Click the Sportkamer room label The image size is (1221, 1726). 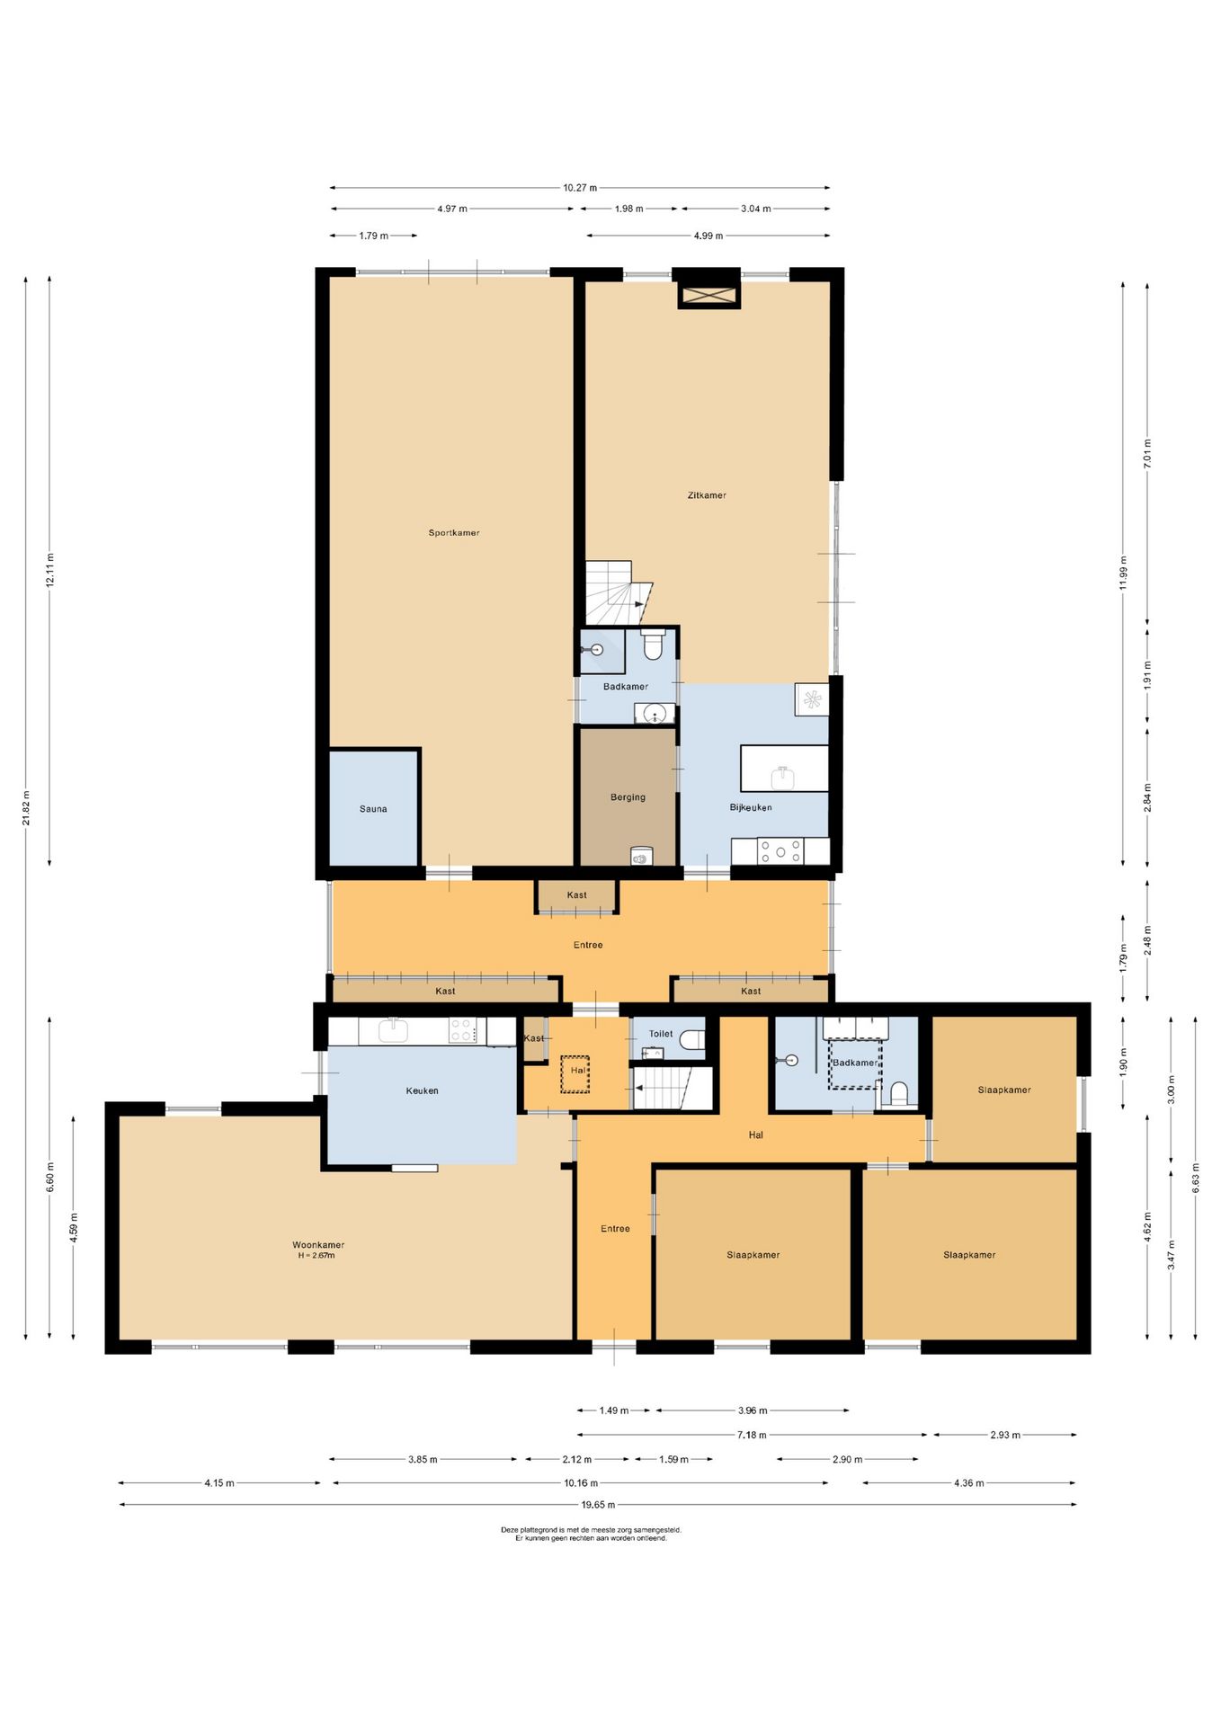click(x=453, y=533)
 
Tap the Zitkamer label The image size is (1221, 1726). click(x=706, y=495)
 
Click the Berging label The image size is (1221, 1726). click(x=628, y=797)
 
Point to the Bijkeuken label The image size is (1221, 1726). click(x=750, y=807)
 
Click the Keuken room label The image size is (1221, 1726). click(x=422, y=1091)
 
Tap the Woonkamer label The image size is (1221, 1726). click(x=318, y=1245)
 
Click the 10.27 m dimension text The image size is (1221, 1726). click(x=580, y=188)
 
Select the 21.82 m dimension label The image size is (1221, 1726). click(x=26, y=807)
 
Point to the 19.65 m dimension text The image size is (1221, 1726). click(x=598, y=1505)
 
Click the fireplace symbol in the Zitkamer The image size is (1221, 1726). click(x=708, y=296)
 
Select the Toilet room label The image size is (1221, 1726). click(x=661, y=1034)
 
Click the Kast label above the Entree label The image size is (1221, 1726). click(x=576, y=895)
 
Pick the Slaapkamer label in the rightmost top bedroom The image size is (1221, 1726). click(x=1004, y=1090)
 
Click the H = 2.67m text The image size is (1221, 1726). click(x=316, y=1256)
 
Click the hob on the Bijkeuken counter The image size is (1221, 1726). click(x=780, y=850)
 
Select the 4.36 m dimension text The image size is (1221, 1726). click(x=969, y=1483)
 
